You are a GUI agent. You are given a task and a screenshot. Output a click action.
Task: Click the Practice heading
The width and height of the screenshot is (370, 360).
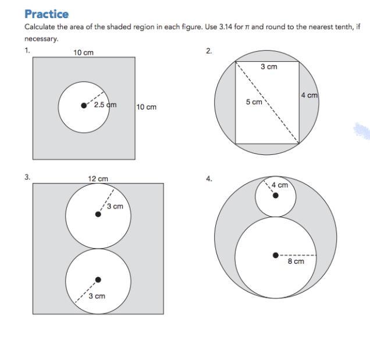pyautogui.click(x=46, y=14)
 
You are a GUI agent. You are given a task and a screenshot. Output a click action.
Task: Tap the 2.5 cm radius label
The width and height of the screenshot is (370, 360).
pyautogui.click(x=105, y=105)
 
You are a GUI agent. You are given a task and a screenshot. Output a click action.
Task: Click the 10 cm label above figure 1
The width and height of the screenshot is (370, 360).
pyautogui.click(x=83, y=52)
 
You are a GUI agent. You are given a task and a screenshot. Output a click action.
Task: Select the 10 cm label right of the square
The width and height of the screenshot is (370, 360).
pyautogui.click(x=146, y=107)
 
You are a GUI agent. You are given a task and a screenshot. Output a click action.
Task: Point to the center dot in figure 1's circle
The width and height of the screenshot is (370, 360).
pyautogui.click(x=84, y=105)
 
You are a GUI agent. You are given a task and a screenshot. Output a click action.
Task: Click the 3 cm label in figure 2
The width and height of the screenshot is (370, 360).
pyautogui.click(x=269, y=67)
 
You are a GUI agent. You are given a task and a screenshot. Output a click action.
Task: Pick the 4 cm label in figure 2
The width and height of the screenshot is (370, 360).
pyautogui.click(x=309, y=95)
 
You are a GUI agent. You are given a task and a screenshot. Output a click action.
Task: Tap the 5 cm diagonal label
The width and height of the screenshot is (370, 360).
pyautogui.click(x=254, y=102)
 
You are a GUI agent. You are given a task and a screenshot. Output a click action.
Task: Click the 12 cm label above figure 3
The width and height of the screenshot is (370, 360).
pyautogui.click(x=98, y=179)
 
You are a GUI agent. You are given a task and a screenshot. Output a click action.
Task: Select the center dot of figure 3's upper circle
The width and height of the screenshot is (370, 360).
pyautogui.click(x=98, y=214)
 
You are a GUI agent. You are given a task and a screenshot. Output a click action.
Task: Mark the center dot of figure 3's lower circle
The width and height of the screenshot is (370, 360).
pyautogui.click(x=98, y=280)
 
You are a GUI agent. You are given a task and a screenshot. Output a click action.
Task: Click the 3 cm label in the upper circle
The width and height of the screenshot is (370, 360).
pyautogui.click(x=115, y=206)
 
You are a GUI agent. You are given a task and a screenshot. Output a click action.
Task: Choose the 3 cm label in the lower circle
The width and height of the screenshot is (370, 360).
pyautogui.click(x=97, y=296)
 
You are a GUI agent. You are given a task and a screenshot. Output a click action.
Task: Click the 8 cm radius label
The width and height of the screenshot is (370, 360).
pyautogui.click(x=296, y=262)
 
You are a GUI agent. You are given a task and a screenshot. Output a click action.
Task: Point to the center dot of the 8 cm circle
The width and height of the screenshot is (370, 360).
pyautogui.click(x=276, y=255)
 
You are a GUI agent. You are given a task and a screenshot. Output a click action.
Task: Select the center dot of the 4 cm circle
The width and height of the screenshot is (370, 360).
pyautogui.click(x=276, y=195)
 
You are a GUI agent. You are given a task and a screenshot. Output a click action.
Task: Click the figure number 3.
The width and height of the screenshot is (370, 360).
pyautogui.click(x=27, y=177)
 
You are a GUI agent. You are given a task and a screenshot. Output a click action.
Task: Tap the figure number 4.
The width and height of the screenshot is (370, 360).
pyautogui.click(x=209, y=179)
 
